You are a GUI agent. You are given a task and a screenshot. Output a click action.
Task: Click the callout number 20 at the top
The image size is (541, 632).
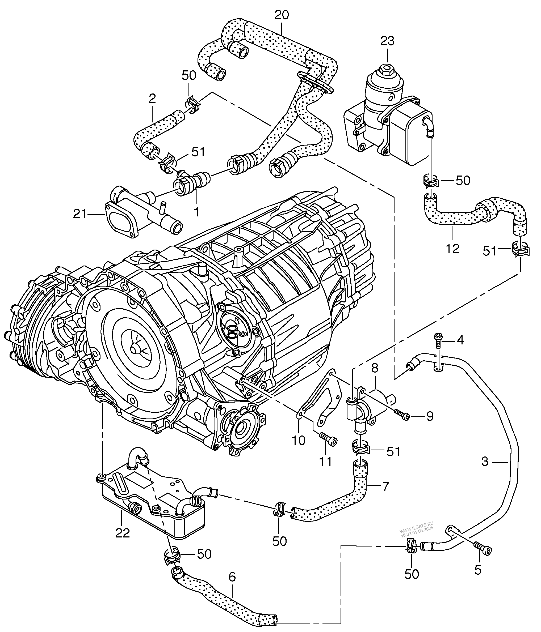point(282,15)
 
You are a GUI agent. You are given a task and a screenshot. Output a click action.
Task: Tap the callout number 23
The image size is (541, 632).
point(387,41)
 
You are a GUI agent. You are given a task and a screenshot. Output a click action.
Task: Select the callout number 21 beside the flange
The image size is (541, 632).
point(80,214)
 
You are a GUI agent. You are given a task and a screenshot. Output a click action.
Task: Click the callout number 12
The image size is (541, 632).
point(452,249)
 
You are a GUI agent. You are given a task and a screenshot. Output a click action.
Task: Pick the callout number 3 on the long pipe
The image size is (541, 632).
point(485,462)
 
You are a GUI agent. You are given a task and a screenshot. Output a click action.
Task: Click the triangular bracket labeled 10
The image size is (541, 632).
point(321,396)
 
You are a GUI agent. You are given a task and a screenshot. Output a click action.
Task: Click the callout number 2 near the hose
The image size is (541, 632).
point(152,99)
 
